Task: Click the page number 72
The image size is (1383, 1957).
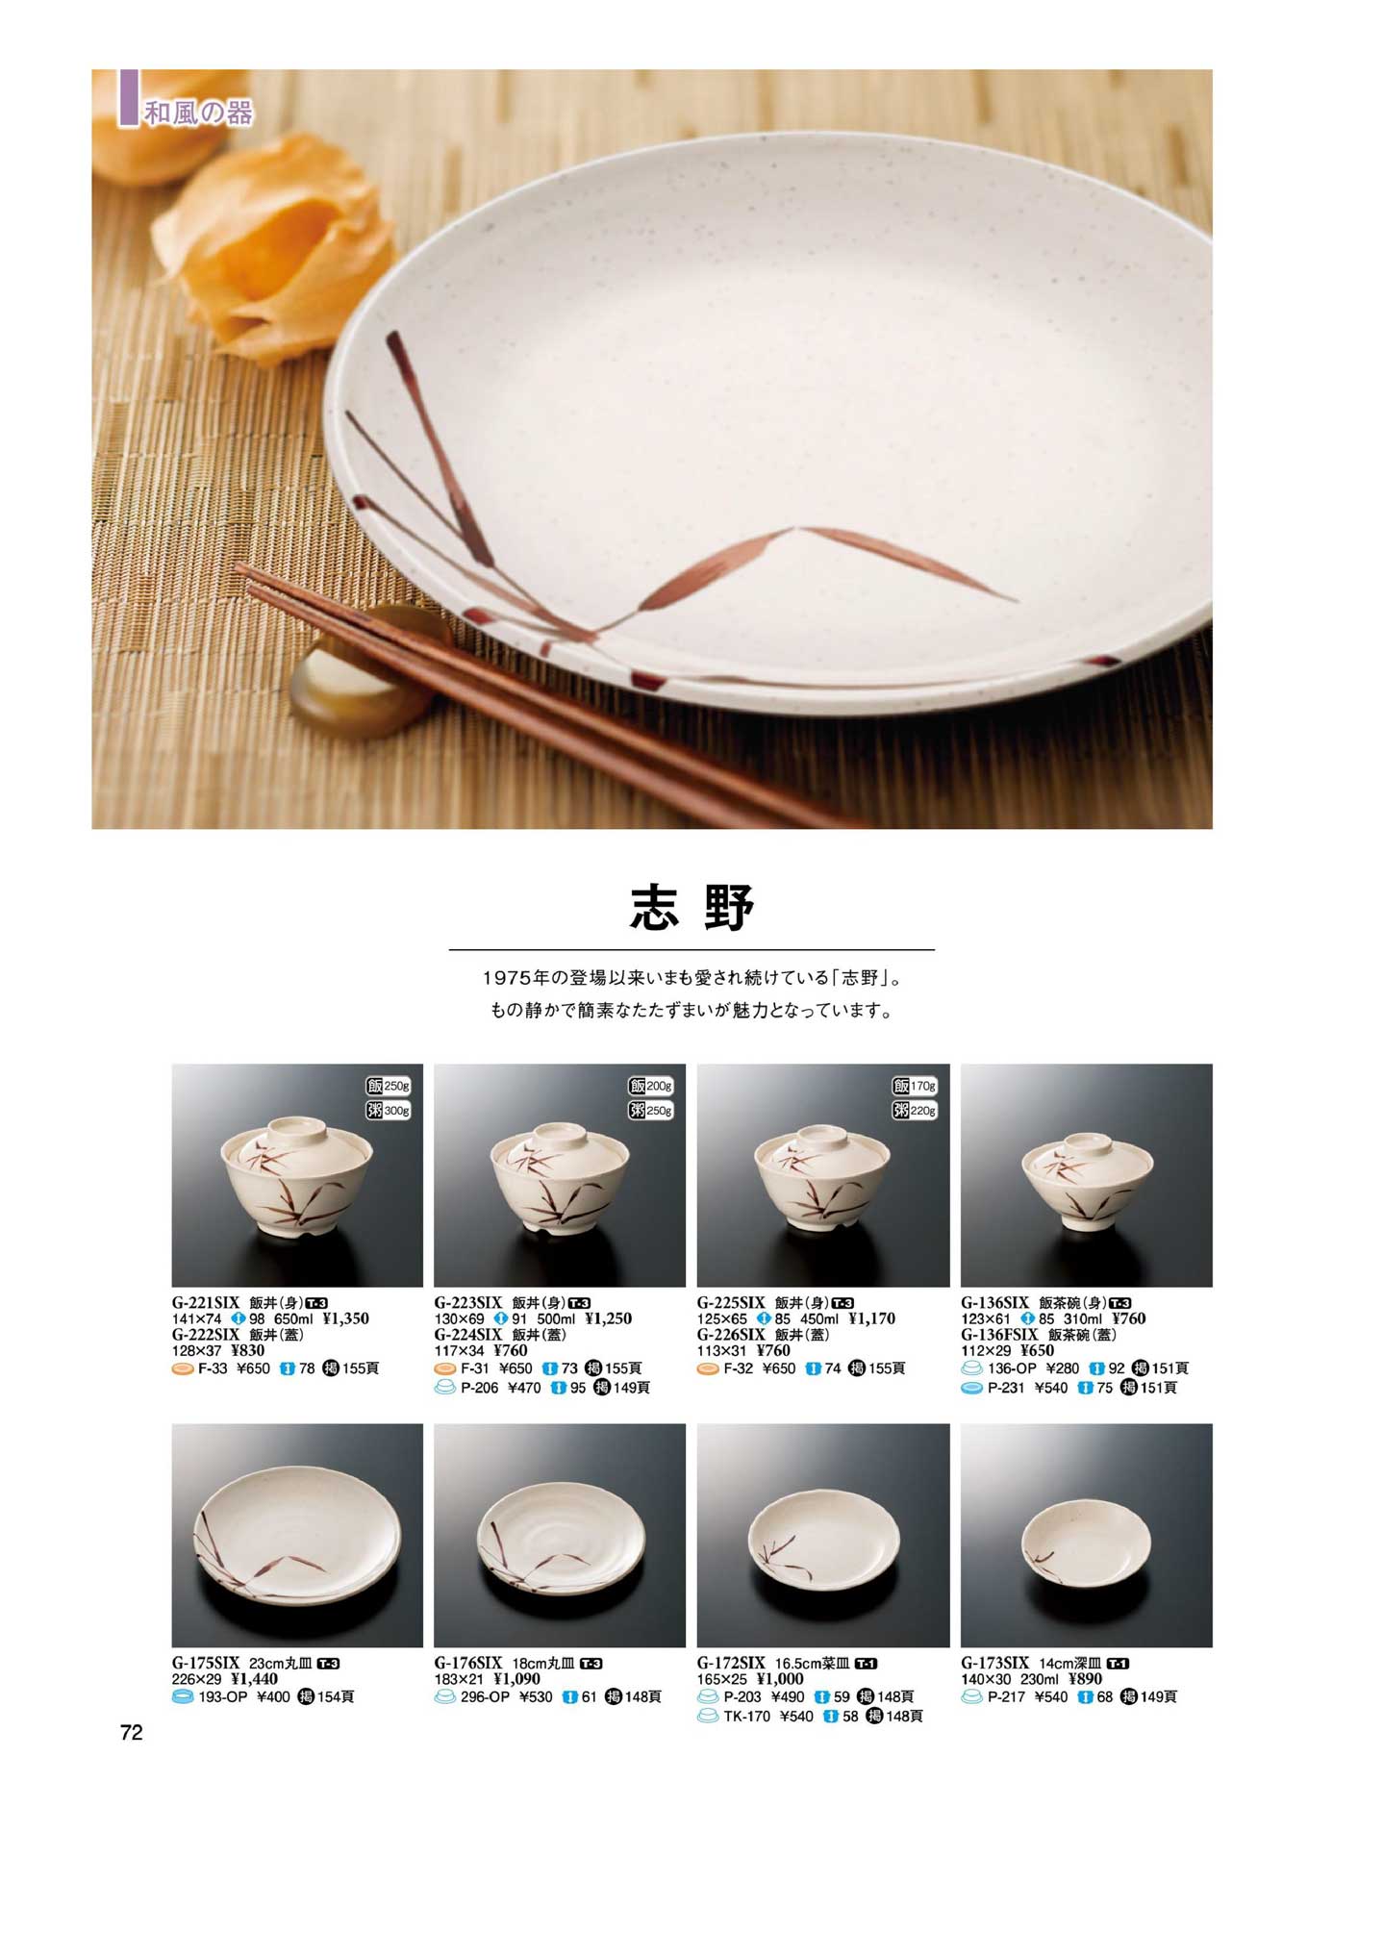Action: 132,1732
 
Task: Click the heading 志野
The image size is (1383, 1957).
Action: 691,908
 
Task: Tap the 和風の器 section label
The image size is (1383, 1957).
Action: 198,113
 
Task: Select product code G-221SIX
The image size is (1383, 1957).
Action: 206,1303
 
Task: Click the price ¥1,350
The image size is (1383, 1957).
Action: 345,1318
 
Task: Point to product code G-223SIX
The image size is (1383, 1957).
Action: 468,1303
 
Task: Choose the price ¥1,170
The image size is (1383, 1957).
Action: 871,1318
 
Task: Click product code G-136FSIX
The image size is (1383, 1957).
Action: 999,1335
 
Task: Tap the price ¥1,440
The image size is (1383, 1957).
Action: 255,1679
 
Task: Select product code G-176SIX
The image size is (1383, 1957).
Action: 468,1663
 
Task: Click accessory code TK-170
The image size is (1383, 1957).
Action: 747,1716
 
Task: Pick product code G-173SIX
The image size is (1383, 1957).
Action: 994,1663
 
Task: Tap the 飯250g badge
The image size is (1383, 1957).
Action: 389,1086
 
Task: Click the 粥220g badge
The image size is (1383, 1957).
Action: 915,1111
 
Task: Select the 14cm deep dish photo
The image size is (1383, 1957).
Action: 1086,1536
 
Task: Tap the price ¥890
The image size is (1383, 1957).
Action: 1086,1679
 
